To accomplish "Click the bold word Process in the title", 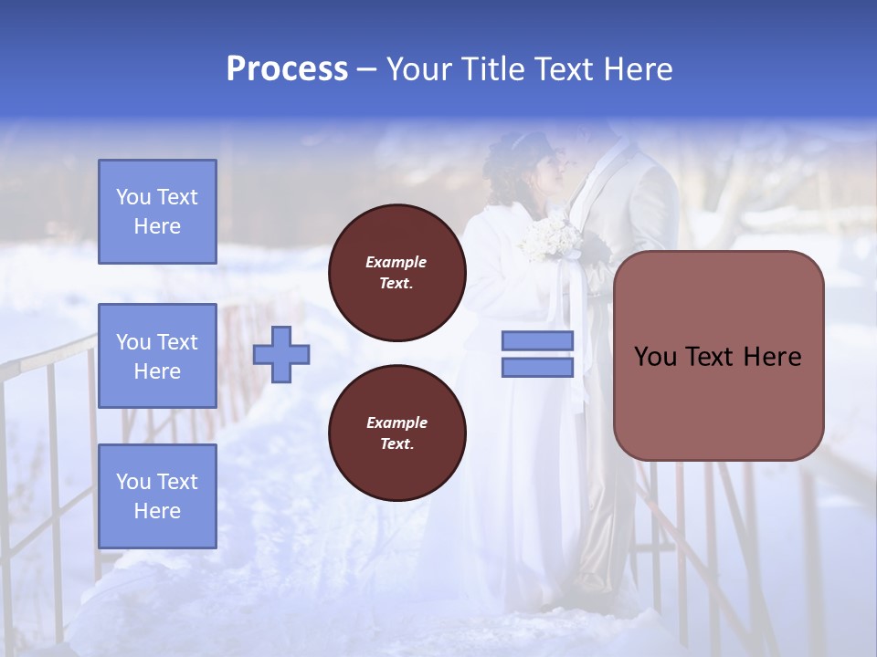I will coord(287,69).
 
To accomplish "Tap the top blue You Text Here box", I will coord(157,212).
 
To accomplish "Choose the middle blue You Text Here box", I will coord(157,356).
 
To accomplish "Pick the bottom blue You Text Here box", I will coord(157,495).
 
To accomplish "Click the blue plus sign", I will coord(281,354).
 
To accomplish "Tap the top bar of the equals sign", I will coord(537,340).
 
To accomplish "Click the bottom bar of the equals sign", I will coord(537,367).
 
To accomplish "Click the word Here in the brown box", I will coord(772,357).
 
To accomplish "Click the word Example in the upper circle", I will coord(396,262).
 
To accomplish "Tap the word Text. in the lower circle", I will coord(396,443).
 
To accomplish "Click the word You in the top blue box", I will coord(132,197).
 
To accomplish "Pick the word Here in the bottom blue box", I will coord(157,511).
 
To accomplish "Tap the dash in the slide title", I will coord(367,69).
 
